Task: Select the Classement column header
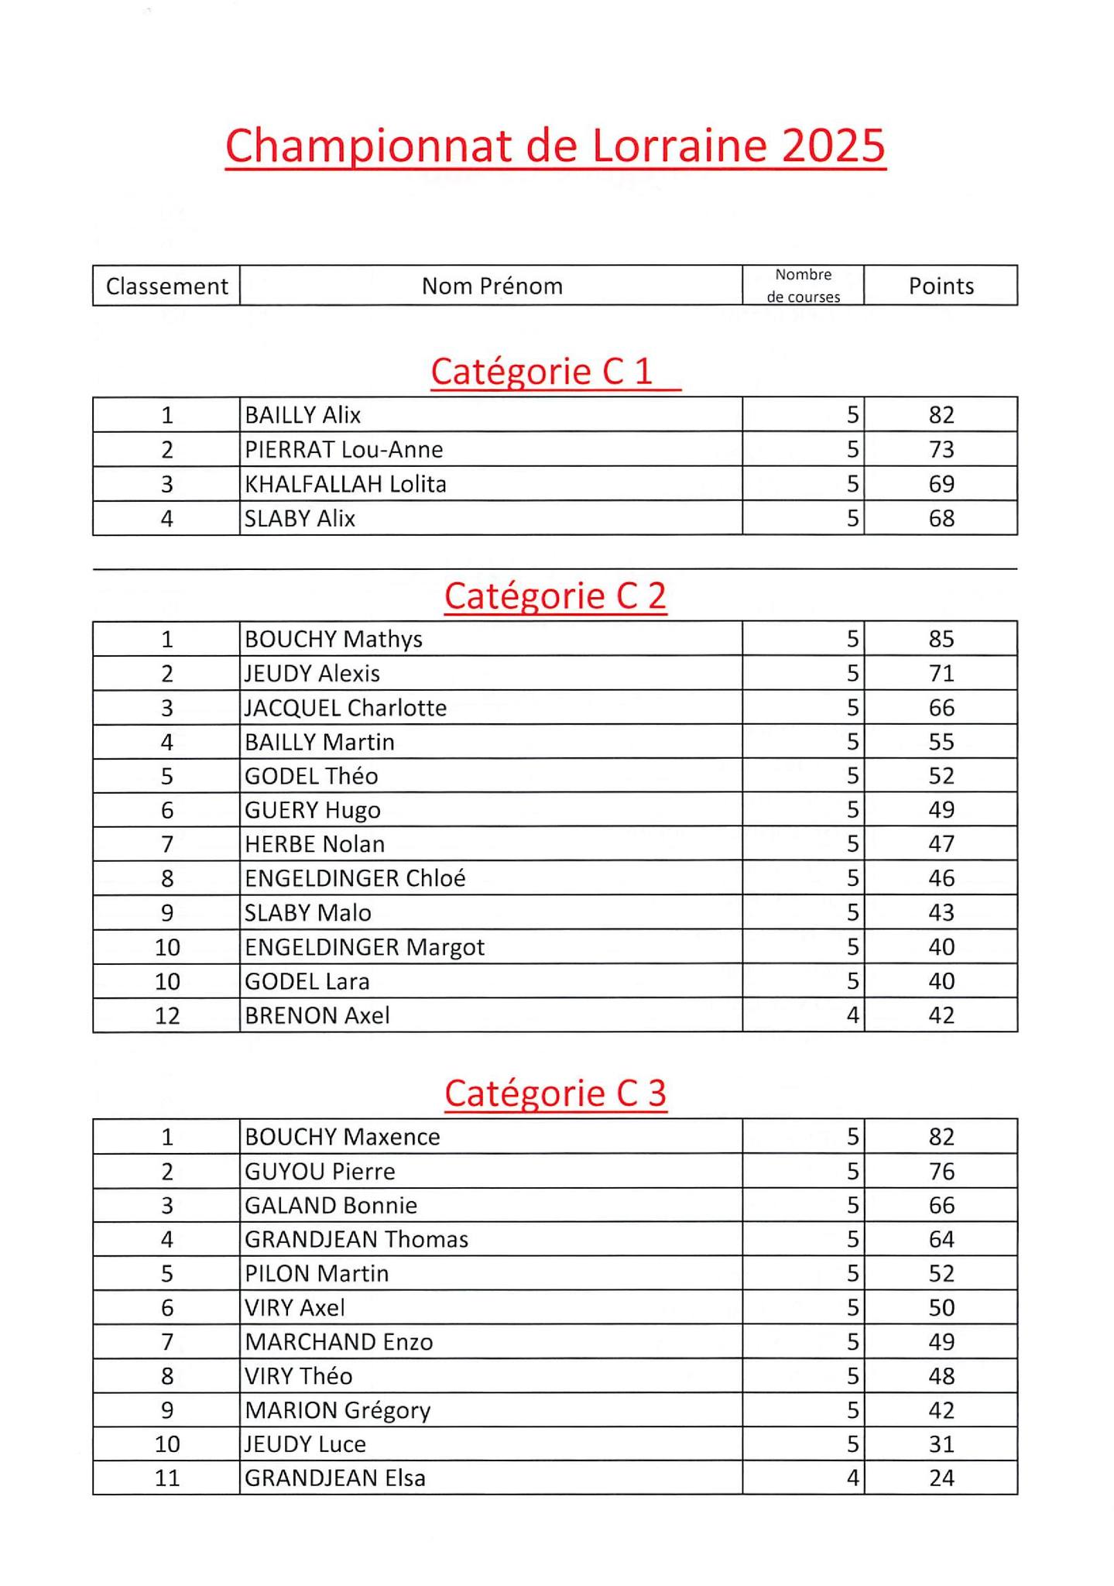pos(166,287)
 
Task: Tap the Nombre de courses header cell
pos(803,286)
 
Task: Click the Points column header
pos(941,287)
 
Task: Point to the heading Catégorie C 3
pos(555,1093)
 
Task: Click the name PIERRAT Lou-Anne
pos(344,450)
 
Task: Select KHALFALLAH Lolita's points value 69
pos(941,484)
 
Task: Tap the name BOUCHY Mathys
pos(334,640)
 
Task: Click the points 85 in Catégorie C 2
pos(941,640)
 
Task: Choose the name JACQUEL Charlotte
pos(345,708)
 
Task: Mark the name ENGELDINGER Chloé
pos(355,878)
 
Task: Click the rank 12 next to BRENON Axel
pos(167,1015)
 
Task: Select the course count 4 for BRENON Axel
pos(852,1015)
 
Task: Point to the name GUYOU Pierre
pos(320,1172)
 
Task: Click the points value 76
pos(941,1172)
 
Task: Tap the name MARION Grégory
pos(338,1410)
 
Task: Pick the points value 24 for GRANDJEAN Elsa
pos(941,1478)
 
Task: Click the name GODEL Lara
pos(307,982)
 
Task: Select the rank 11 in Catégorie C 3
pos(167,1478)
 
